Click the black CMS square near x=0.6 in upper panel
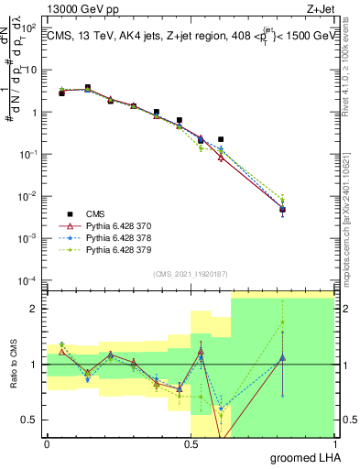click(221, 139)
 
